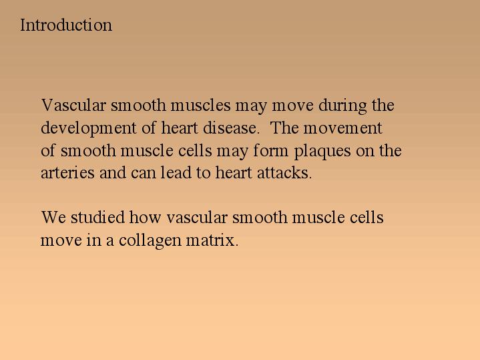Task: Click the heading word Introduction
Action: coord(66,25)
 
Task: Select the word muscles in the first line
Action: coord(200,105)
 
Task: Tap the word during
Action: coord(342,106)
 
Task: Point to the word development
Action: coord(89,128)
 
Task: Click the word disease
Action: coord(231,128)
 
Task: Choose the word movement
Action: coord(343,128)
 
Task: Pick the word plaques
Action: coord(322,152)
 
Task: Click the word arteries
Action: coord(67,173)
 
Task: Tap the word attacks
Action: coord(284,172)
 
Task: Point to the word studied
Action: coord(97,217)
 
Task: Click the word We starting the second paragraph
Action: coord(53,218)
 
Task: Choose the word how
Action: coord(145,217)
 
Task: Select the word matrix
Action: coord(212,240)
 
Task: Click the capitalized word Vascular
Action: coord(73,105)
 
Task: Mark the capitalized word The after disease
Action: coord(284,128)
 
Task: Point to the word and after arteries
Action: coord(112,172)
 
